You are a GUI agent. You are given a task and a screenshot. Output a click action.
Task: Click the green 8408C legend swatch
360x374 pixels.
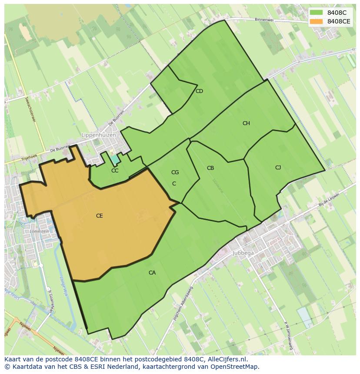(317, 13)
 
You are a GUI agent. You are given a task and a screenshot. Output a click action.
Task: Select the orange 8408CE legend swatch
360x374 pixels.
(317, 21)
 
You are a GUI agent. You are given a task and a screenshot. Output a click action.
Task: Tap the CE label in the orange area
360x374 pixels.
(99, 216)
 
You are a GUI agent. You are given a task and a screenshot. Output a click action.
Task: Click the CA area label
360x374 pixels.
(152, 273)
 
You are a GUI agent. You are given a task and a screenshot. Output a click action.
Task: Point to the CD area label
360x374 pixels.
(199, 91)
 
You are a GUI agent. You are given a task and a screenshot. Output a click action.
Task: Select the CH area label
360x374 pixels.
(246, 123)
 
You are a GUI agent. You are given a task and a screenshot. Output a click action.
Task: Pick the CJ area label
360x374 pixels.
(278, 168)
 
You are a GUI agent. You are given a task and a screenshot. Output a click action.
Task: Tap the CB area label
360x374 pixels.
(210, 168)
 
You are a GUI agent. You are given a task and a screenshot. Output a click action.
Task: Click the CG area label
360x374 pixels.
(175, 172)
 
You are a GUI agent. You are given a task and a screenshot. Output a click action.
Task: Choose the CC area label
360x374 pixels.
(115, 171)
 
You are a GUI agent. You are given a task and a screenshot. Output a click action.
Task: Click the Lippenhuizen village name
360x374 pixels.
(99, 135)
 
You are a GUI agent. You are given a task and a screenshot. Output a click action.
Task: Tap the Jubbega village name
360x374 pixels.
(243, 253)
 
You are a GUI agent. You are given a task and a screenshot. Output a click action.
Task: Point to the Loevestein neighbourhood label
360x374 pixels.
(39, 232)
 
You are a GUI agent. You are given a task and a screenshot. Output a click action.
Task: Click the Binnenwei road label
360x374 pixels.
(263, 20)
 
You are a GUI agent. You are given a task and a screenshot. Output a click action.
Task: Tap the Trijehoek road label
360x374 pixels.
(30, 157)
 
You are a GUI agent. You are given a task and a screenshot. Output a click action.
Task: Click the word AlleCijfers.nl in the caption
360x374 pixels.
(226, 359)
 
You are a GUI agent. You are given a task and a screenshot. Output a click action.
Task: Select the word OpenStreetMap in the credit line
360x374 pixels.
(235, 367)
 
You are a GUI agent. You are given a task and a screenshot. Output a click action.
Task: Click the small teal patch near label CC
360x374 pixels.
(114, 159)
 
